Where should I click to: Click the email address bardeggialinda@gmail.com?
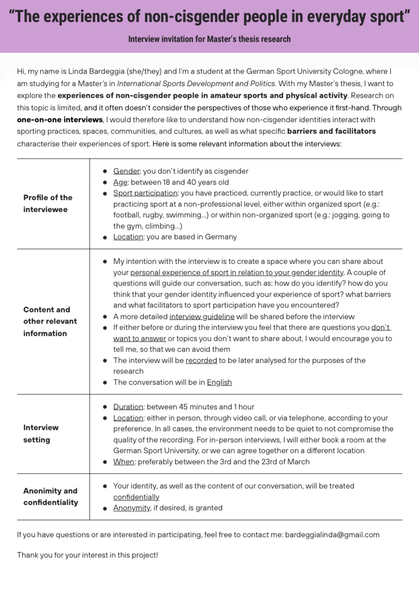(x=332, y=534)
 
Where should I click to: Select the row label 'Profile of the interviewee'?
(x=48, y=203)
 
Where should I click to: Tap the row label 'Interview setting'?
(x=41, y=433)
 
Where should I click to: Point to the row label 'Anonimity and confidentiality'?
(x=51, y=496)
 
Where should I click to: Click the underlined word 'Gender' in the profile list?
(x=126, y=171)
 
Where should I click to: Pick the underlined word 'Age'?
(x=120, y=182)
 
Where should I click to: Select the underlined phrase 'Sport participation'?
(x=145, y=193)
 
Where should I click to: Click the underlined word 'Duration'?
(x=128, y=407)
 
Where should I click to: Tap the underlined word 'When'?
(x=124, y=462)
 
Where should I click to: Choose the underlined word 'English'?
(x=219, y=382)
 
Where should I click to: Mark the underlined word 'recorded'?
(x=201, y=361)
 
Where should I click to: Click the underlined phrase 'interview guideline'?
(x=202, y=317)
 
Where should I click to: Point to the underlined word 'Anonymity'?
(x=132, y=508)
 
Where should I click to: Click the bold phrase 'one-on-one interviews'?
(x=60, y=120)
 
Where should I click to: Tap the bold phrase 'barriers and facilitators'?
(x=331, y=131)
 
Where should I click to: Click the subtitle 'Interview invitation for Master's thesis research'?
(x=209, y=39)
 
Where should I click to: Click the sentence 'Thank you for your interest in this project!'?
(x=87, y=555)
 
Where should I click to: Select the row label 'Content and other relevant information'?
(x=50, y=321)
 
